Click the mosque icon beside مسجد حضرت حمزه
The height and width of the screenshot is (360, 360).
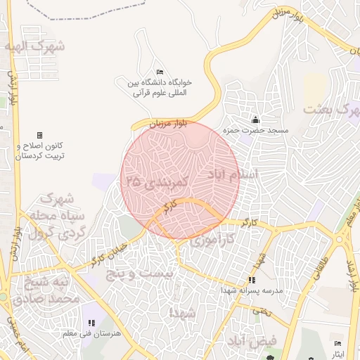[x=255, y=120]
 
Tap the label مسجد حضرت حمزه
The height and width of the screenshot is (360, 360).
[x=257, y=131]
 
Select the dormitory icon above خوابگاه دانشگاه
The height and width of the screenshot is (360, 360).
[x=160, y=72]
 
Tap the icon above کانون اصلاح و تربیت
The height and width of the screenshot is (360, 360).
[x=39, y=135]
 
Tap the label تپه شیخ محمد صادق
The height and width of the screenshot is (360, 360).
[x=50, y=289]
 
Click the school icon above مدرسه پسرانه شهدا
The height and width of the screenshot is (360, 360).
[x=252, y=280]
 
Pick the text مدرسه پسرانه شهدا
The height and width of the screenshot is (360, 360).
[x=252, y=290]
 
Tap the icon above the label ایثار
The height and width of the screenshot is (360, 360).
[x=338, y=343]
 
